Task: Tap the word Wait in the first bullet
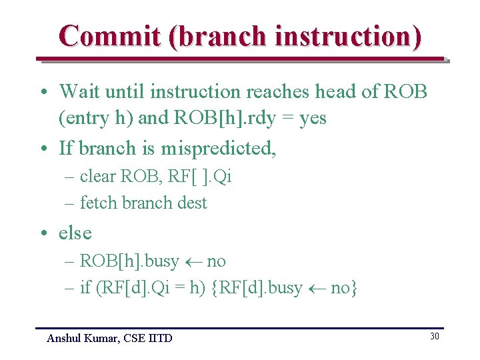click(x=80, y=91)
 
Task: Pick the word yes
click(x=313, y=119)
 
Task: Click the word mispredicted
click(x=218, y=148)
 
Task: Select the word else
click(x=75, y=233)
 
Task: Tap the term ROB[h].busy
click(x=129, y=261)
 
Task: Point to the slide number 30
click(x=434, y=336)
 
